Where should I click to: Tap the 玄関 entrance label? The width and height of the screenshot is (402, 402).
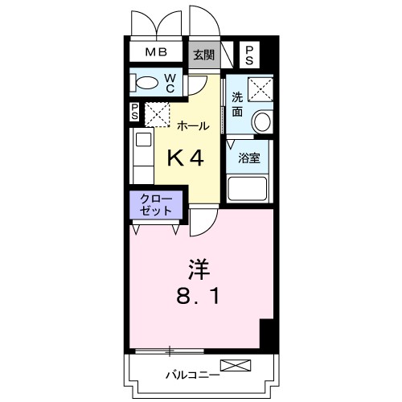(x=203, y=55)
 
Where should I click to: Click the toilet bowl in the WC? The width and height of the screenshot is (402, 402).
(x=146, y=83)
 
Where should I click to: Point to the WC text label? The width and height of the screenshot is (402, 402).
(x=171, y=83)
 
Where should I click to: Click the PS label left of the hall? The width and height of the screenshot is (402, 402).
(x=134, y=113)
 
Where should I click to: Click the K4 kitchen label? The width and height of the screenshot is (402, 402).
(x=184, y=158)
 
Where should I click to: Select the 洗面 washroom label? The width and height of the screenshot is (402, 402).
(x=238, y=105)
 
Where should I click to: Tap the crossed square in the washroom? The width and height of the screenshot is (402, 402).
(x=258, y=89)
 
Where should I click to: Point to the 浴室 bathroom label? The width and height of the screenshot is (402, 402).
(x=249, y=158)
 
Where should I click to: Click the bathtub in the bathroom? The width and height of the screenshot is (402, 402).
(x=250, y=190)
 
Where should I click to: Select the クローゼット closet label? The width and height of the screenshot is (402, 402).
(x=156, y=203)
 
